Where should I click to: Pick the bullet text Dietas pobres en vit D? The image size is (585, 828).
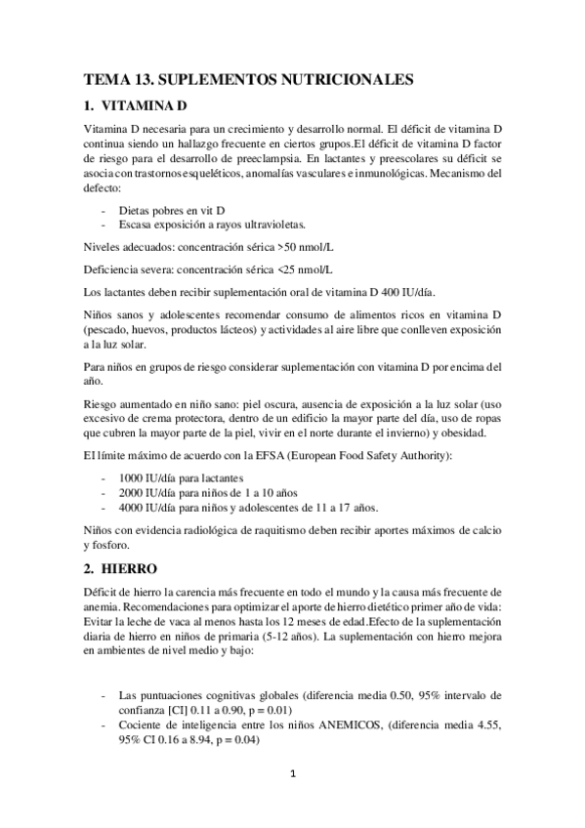pyautogui.click(x=172, y=210)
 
